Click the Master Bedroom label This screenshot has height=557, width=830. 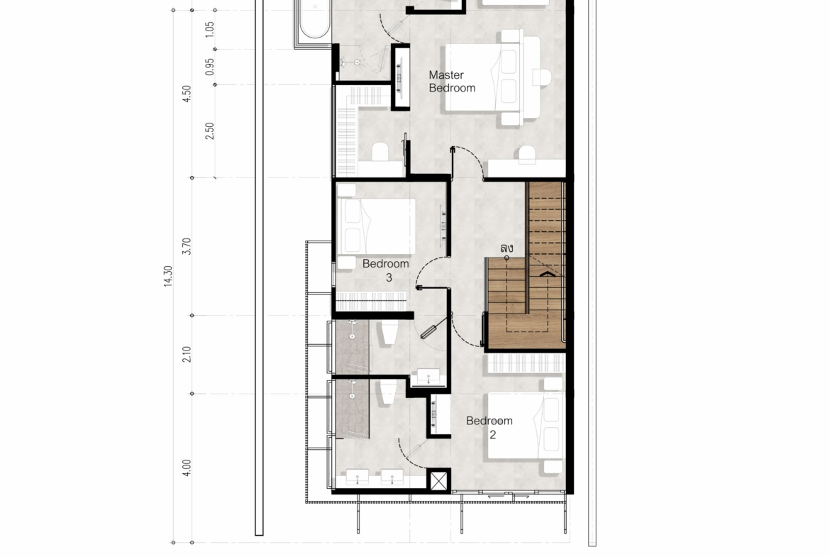point(452,82)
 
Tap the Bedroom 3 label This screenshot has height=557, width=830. point(386,270)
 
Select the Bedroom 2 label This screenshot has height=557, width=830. point(489,427)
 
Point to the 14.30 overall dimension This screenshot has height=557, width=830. point(168,277)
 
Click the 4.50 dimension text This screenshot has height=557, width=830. point(187,94)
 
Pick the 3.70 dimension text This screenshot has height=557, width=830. point(187,246)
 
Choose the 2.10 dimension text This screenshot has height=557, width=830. point(187,354)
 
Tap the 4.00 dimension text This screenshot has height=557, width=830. point(187,468)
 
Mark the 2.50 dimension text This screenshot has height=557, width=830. point(209,131)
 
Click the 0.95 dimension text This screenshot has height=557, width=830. point(209,67)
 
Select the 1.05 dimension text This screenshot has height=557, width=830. point(209,29)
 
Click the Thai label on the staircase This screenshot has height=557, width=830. point(507,247)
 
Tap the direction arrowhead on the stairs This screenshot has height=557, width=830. point(548,274)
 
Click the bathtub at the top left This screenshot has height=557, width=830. point(314,20)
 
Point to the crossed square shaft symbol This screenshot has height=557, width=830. point(439,481)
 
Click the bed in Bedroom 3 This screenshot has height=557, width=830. point(376,226)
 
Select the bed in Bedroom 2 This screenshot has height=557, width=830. point(524,425)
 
